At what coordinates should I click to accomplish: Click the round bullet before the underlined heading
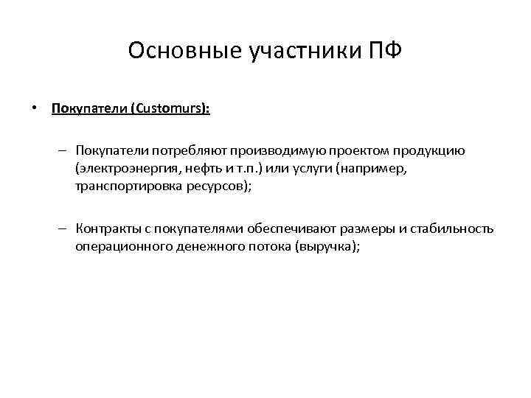pos(34,108)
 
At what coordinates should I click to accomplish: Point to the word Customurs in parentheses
pos(170,109)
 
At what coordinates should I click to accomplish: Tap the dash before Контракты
pos(64,228)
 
